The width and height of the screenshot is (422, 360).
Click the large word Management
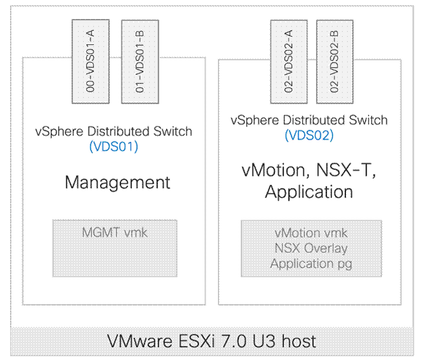117,183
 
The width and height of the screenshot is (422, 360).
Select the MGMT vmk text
114,232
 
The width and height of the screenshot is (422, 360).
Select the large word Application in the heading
308,192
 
